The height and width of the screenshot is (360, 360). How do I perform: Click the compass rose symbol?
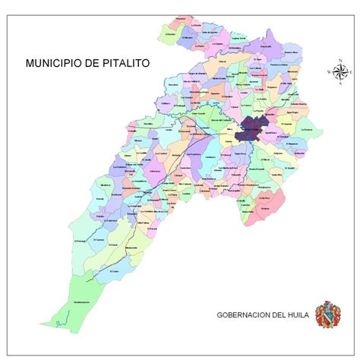pyautogui.click(x=339, y=71)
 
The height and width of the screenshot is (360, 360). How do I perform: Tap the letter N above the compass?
pyautogui.click(x=339, y=58)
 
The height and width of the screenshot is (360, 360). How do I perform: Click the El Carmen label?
pyautogui.click(x=99, y=240)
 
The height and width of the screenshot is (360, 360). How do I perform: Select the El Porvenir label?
pyautogui.click(x=81, y=241)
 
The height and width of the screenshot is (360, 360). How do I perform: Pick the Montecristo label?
pyautogui.click(x=131, y=248)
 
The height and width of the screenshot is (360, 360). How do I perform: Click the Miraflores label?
pyautogui.click(x=106, y=185)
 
